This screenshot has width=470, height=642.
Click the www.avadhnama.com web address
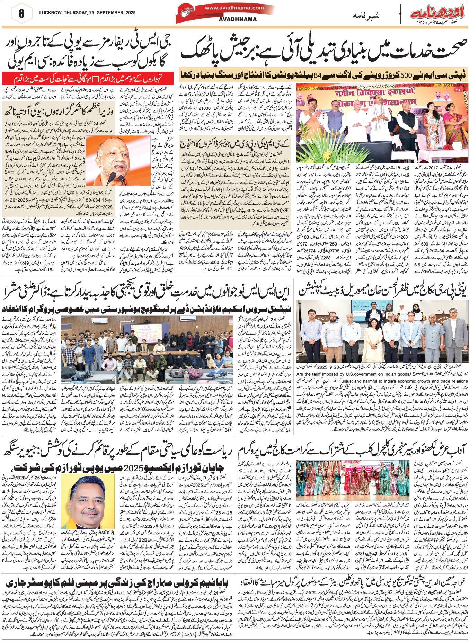(234, 8)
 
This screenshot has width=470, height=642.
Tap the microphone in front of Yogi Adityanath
(112, 177)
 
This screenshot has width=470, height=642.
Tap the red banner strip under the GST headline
(88, 76)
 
